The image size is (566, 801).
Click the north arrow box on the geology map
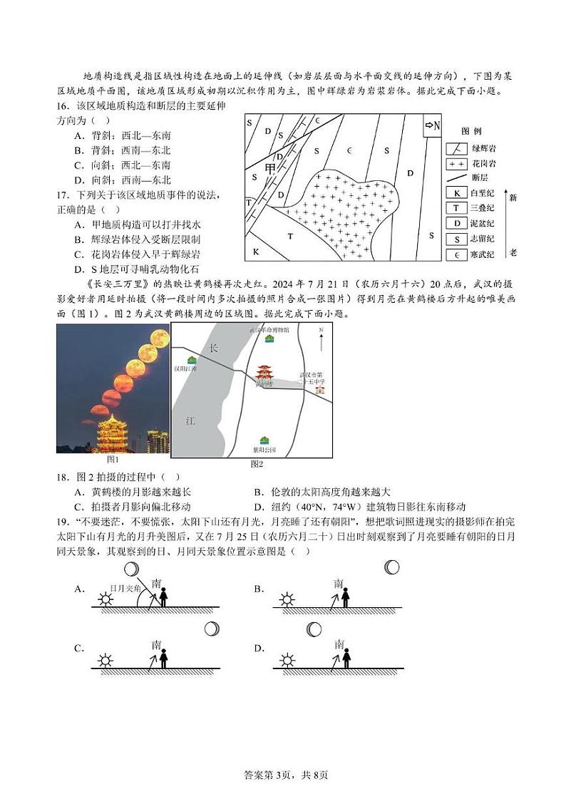433,125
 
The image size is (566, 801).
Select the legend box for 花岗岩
456,164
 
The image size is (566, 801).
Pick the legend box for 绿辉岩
456,149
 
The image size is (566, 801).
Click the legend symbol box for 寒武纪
456,254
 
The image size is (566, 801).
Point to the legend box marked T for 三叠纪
456,208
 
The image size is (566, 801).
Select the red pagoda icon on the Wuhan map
264,373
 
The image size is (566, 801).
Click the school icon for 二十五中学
320,389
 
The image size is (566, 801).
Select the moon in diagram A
131,569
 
